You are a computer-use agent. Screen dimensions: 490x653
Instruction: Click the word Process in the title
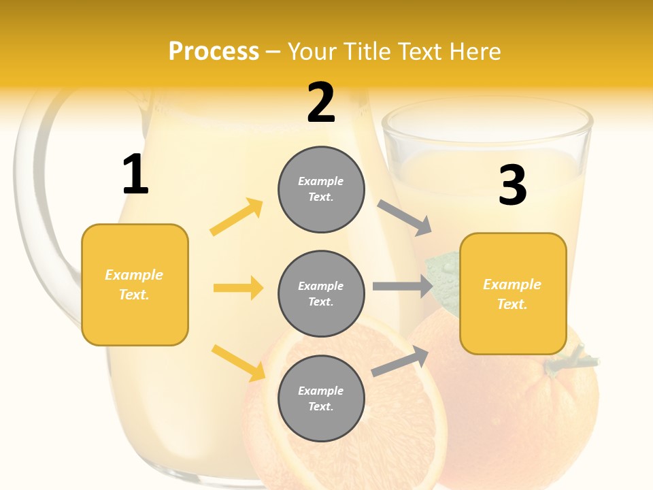[214, 51]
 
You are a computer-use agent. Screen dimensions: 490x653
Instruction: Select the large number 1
[135, 175]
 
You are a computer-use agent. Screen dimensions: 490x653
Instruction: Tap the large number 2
[321, 103]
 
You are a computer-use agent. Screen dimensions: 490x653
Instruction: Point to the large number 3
[512, 186]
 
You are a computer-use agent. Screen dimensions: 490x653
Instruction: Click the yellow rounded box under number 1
[135, 284]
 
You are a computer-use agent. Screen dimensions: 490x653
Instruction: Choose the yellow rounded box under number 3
[513, 293]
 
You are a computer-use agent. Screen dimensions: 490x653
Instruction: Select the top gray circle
[321, 189]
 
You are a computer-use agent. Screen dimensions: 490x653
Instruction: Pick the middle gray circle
[321, 293]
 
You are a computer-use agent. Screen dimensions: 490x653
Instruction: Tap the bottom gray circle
[321, 398]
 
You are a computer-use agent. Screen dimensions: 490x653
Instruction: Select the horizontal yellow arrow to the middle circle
[238, 288]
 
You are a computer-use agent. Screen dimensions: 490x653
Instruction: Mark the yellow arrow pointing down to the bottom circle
[238, 362]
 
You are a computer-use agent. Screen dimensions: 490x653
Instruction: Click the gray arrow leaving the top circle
[404, 218]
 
